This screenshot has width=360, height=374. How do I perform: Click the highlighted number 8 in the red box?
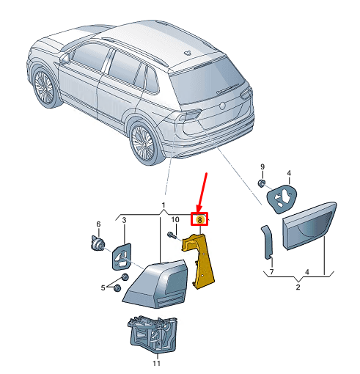[199, 219]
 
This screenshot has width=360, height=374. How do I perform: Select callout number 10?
[175, 219]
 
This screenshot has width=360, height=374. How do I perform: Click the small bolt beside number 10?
[171, 235]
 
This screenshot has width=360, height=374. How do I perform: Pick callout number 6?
[98, 224]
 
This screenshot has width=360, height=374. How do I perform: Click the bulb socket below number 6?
[98, 243]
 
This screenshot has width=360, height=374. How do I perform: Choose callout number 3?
[124, 220]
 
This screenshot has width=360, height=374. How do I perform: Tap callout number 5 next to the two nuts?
[103, 287]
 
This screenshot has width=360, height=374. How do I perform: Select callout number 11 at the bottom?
[157, 363]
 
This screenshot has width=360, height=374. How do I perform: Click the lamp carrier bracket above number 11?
[153, 334]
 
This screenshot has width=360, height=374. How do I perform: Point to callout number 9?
[262, 166]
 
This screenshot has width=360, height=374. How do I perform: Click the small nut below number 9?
[262, 183]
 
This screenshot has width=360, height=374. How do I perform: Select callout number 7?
[271, 271]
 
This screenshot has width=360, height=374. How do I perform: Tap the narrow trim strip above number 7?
[268, 242]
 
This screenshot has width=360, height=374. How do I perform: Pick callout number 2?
[298, 287]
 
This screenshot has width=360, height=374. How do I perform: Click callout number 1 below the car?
[164, 205]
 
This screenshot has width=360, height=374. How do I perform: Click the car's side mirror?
[65, 59]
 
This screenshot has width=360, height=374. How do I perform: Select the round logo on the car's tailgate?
[223, 106]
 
